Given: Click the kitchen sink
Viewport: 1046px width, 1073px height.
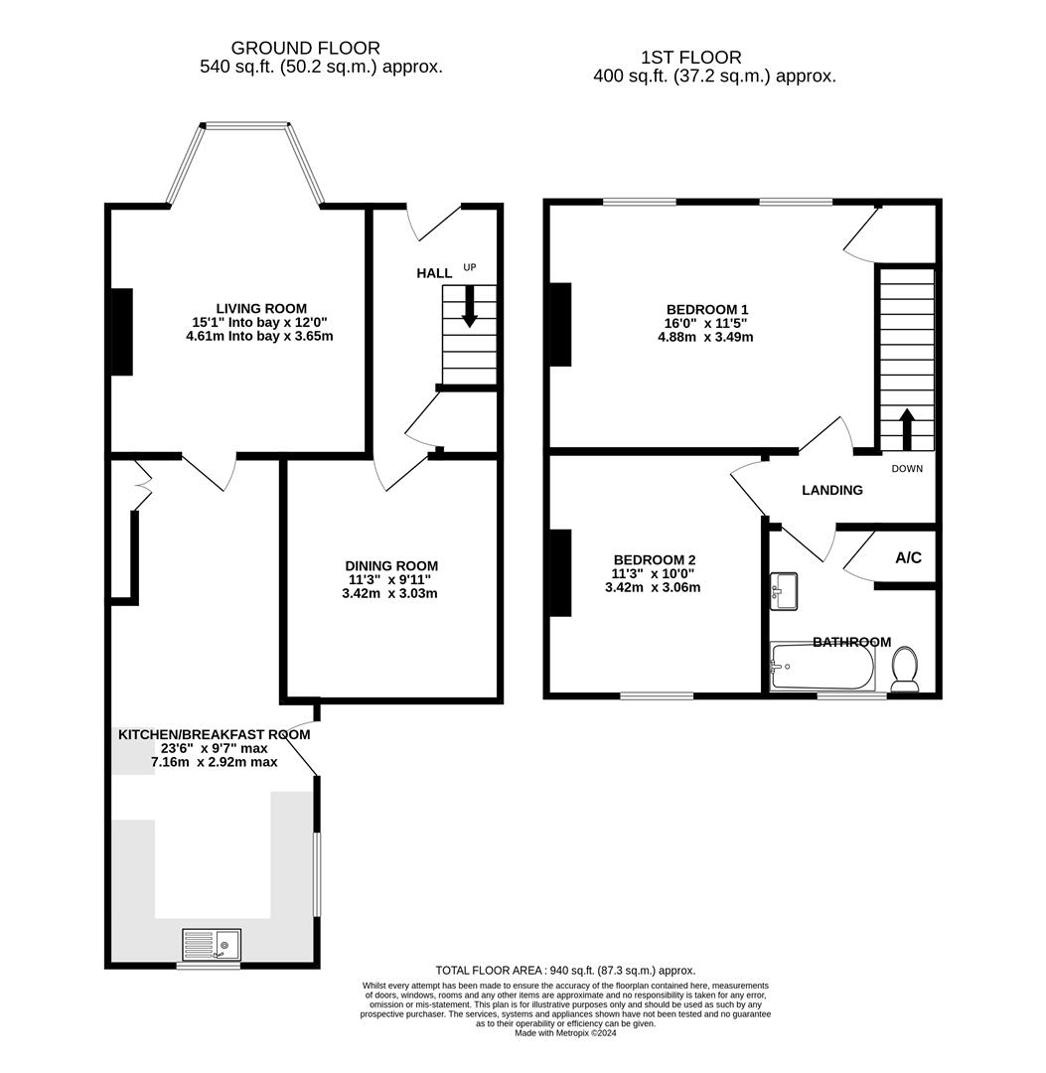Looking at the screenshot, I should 212,944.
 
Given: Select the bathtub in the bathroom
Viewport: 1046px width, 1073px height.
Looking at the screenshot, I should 822,667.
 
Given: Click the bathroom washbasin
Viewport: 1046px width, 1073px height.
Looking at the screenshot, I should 785,590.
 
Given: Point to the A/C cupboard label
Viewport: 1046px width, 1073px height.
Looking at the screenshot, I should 908,558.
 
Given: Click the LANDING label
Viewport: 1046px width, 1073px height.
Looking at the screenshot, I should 832,490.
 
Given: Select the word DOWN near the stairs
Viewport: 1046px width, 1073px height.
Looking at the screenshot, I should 907,469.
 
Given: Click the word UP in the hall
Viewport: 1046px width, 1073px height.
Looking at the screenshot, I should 470,267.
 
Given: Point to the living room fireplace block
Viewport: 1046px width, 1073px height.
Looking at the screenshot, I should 121,332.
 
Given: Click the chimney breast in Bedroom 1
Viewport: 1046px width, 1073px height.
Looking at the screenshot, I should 560,325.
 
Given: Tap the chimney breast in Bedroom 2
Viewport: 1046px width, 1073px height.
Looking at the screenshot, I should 560,573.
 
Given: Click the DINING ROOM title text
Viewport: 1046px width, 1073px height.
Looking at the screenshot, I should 391,566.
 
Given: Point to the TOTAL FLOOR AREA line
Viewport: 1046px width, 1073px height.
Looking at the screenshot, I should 565,970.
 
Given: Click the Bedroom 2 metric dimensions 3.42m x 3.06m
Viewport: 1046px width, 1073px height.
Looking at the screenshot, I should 653,587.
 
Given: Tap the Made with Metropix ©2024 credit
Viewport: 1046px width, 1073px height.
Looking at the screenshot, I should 565,1032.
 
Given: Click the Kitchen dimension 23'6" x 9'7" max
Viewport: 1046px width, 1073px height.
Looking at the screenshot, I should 214,748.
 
